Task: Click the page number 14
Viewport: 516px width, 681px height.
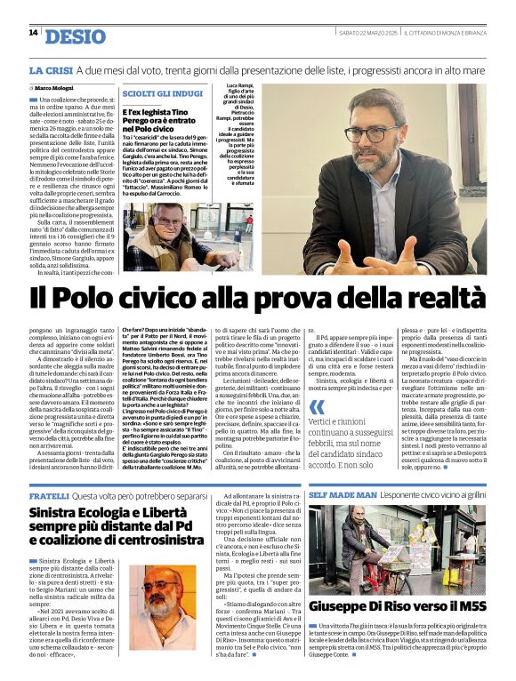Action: [x=33, y=33]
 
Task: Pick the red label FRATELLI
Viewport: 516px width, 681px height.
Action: [x=49, y=496]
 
